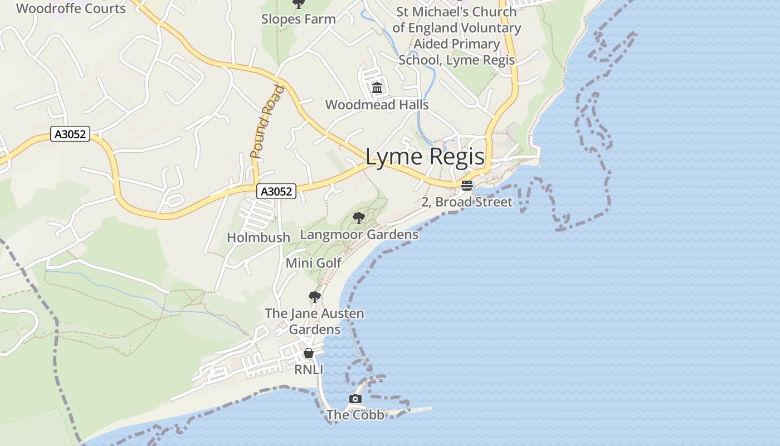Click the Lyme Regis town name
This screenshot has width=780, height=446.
pos(425,157)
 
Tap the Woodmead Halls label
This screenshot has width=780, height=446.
pos(377,105)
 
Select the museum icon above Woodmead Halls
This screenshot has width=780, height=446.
pos(377,88)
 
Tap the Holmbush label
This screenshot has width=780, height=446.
pos(259,237)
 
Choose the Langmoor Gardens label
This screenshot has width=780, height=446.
pos(359,235)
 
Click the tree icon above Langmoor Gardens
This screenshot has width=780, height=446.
pos(359,217)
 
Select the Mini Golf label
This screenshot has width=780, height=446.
pos(314,263)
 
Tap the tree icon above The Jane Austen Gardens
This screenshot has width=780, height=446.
pos(315,297)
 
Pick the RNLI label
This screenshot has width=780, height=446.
pos(309,370)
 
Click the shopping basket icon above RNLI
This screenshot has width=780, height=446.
pos(309,353)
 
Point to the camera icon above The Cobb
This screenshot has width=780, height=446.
pos(355,399)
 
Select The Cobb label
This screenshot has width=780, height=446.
pos(355,415)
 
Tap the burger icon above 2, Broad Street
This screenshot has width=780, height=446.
pos(467,185)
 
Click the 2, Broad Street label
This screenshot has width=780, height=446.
pos(466,202)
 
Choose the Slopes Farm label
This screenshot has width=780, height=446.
pos(299,19)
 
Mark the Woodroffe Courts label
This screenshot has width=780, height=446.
pos(71,8)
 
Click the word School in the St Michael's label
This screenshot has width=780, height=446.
pos(418,60)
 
